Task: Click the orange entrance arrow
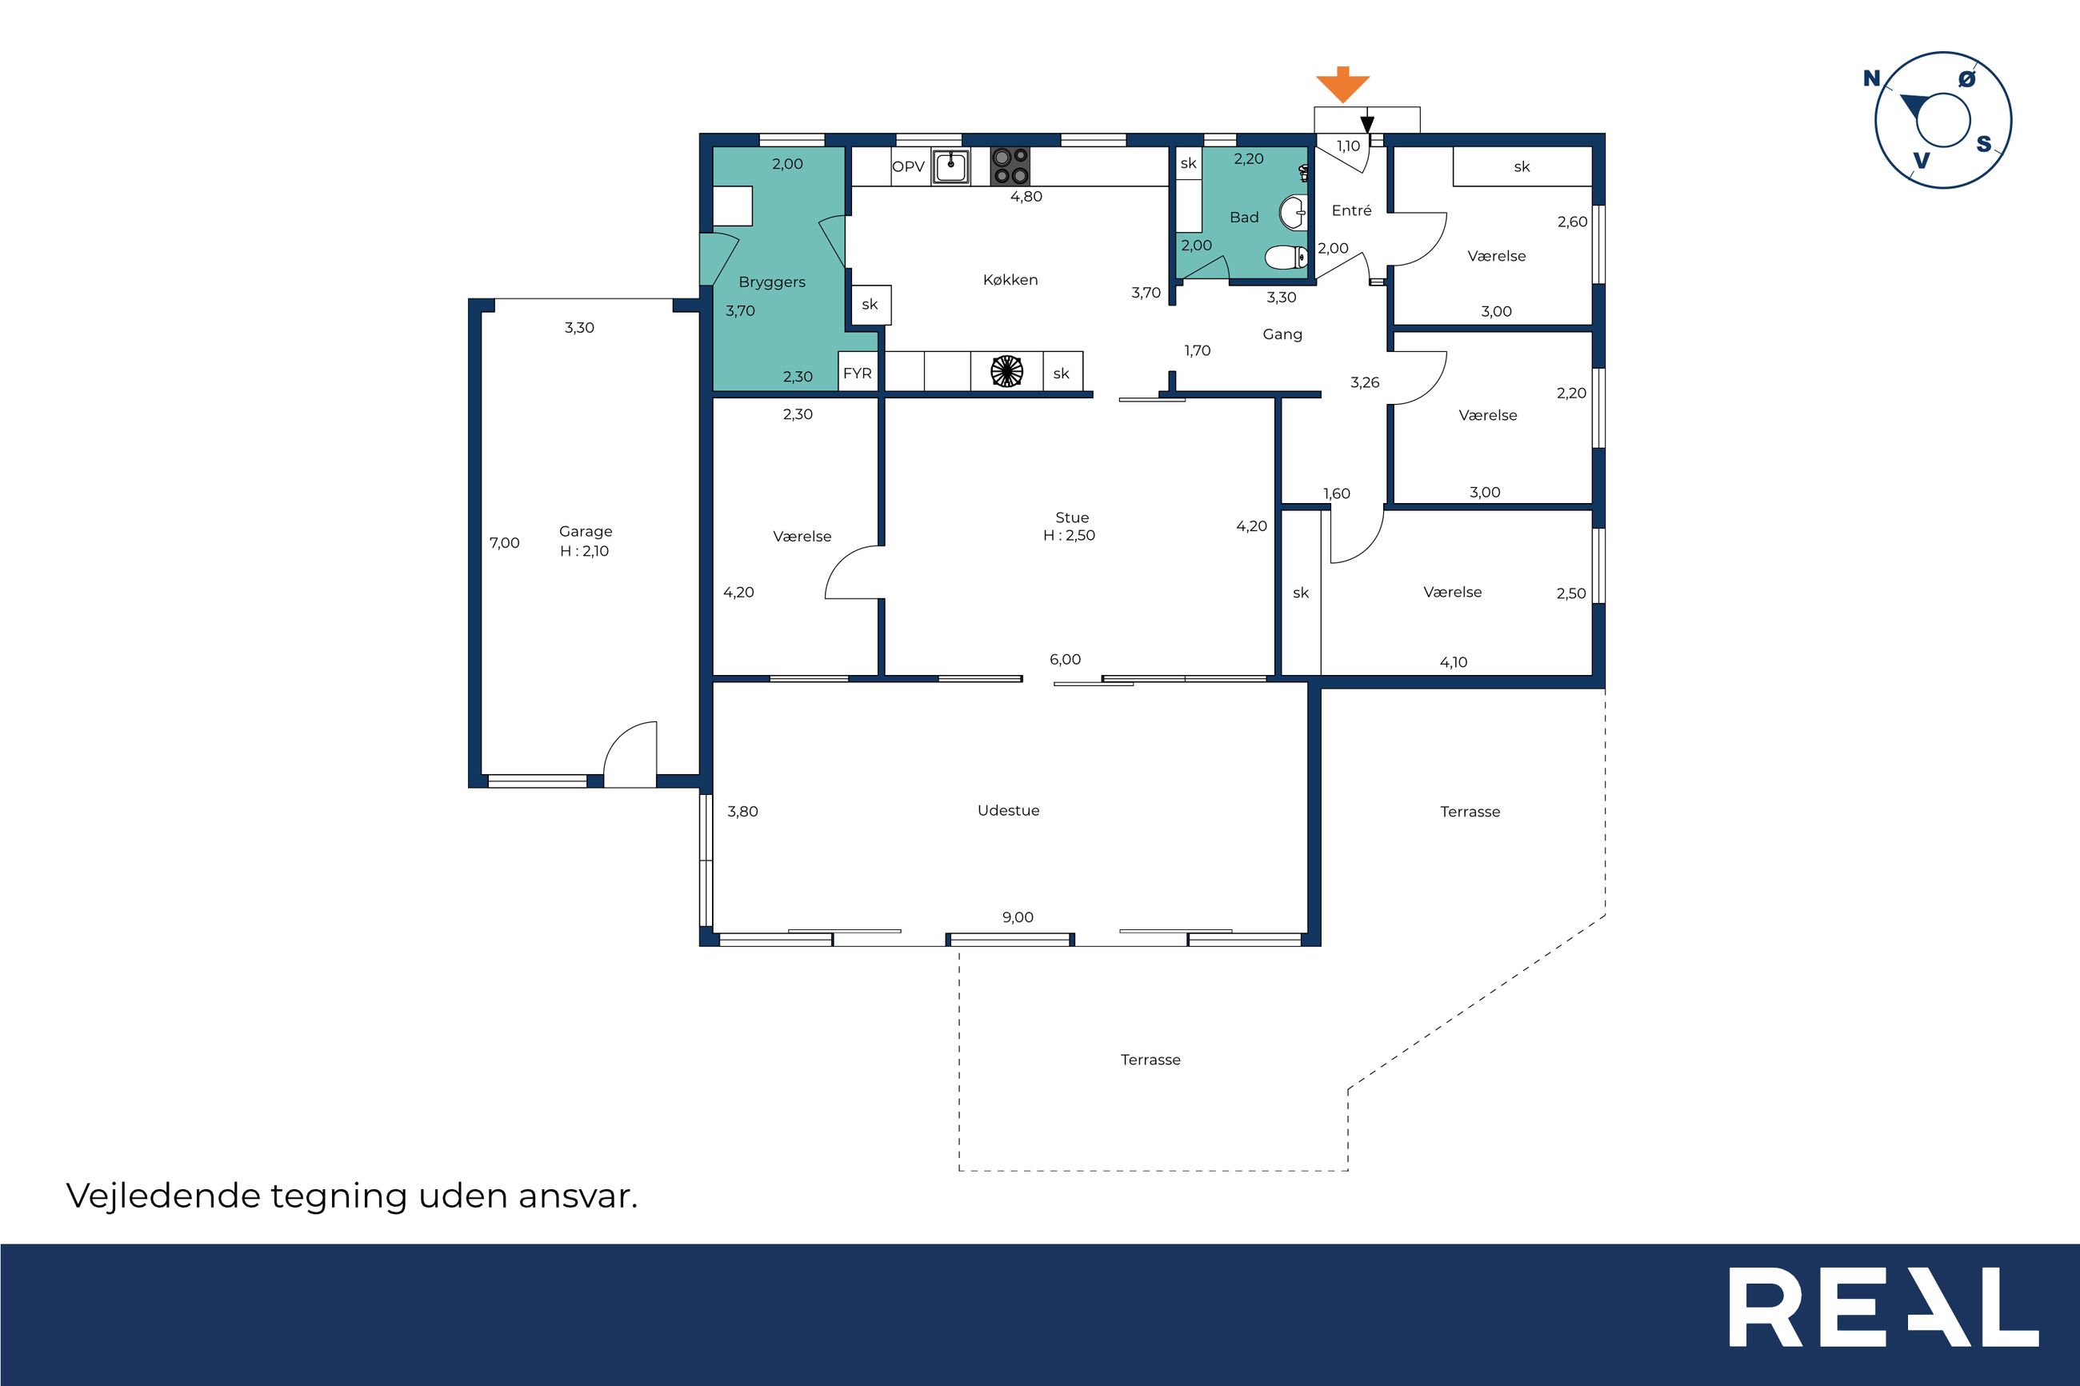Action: (1342, 85)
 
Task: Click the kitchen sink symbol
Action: (950, 166)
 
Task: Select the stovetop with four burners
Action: (1010, 166)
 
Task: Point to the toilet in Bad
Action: (1286, 258)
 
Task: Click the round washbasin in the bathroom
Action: (1294, 212)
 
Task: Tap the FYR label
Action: (858, 373)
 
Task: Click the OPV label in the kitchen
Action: (908, 166)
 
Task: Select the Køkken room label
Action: (1010, 279)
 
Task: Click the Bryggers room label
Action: (772, 282)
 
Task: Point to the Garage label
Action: (585, 531)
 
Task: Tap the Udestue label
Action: (1009, 810)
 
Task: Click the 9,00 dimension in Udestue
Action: (1018, 917)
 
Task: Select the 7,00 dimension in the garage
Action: (505, 543)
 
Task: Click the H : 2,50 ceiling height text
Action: (1069, 535)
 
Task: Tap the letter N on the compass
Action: (1871, 78)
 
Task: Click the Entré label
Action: (1352, 210)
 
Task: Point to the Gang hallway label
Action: (1282, 334)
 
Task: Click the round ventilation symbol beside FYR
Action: (1007, 371)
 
